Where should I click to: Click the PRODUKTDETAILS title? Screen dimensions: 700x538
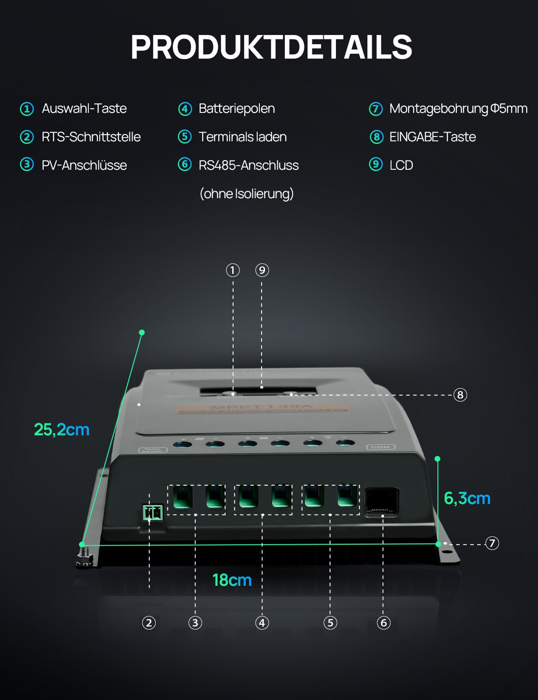tap(271, 47)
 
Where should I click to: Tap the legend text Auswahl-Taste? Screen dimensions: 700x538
tap(84, 108)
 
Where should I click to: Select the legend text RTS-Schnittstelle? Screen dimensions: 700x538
tap(91, 137)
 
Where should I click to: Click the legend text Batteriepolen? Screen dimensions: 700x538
tap(237, 108)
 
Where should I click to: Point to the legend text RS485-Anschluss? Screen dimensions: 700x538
tap(248, 165)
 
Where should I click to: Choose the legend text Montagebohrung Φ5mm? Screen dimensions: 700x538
tap(458, 108)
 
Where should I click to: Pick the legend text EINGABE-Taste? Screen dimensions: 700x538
tap(432, 137)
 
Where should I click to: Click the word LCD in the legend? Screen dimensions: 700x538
tap(401, 165)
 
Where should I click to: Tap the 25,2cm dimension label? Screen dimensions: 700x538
tap(62, 430)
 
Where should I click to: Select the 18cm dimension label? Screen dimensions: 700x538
tap(232, 580)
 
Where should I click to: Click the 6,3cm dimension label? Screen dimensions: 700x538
tap(467, 498)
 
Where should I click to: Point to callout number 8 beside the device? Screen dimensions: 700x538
tap(460, 395)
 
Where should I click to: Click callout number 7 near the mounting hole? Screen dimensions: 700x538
tap(492, 543)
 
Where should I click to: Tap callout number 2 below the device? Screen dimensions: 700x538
tap(149, 623)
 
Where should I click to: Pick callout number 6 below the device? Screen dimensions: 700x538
tap(384, 623)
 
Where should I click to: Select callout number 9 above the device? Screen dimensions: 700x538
tap(262, 270)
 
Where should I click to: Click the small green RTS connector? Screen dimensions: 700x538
tap(153, 512)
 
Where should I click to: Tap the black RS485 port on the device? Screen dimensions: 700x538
tap(381, 502)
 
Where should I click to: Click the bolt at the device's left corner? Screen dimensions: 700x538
tap(84, 557)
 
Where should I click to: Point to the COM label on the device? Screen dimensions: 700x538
tap(381, 447)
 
